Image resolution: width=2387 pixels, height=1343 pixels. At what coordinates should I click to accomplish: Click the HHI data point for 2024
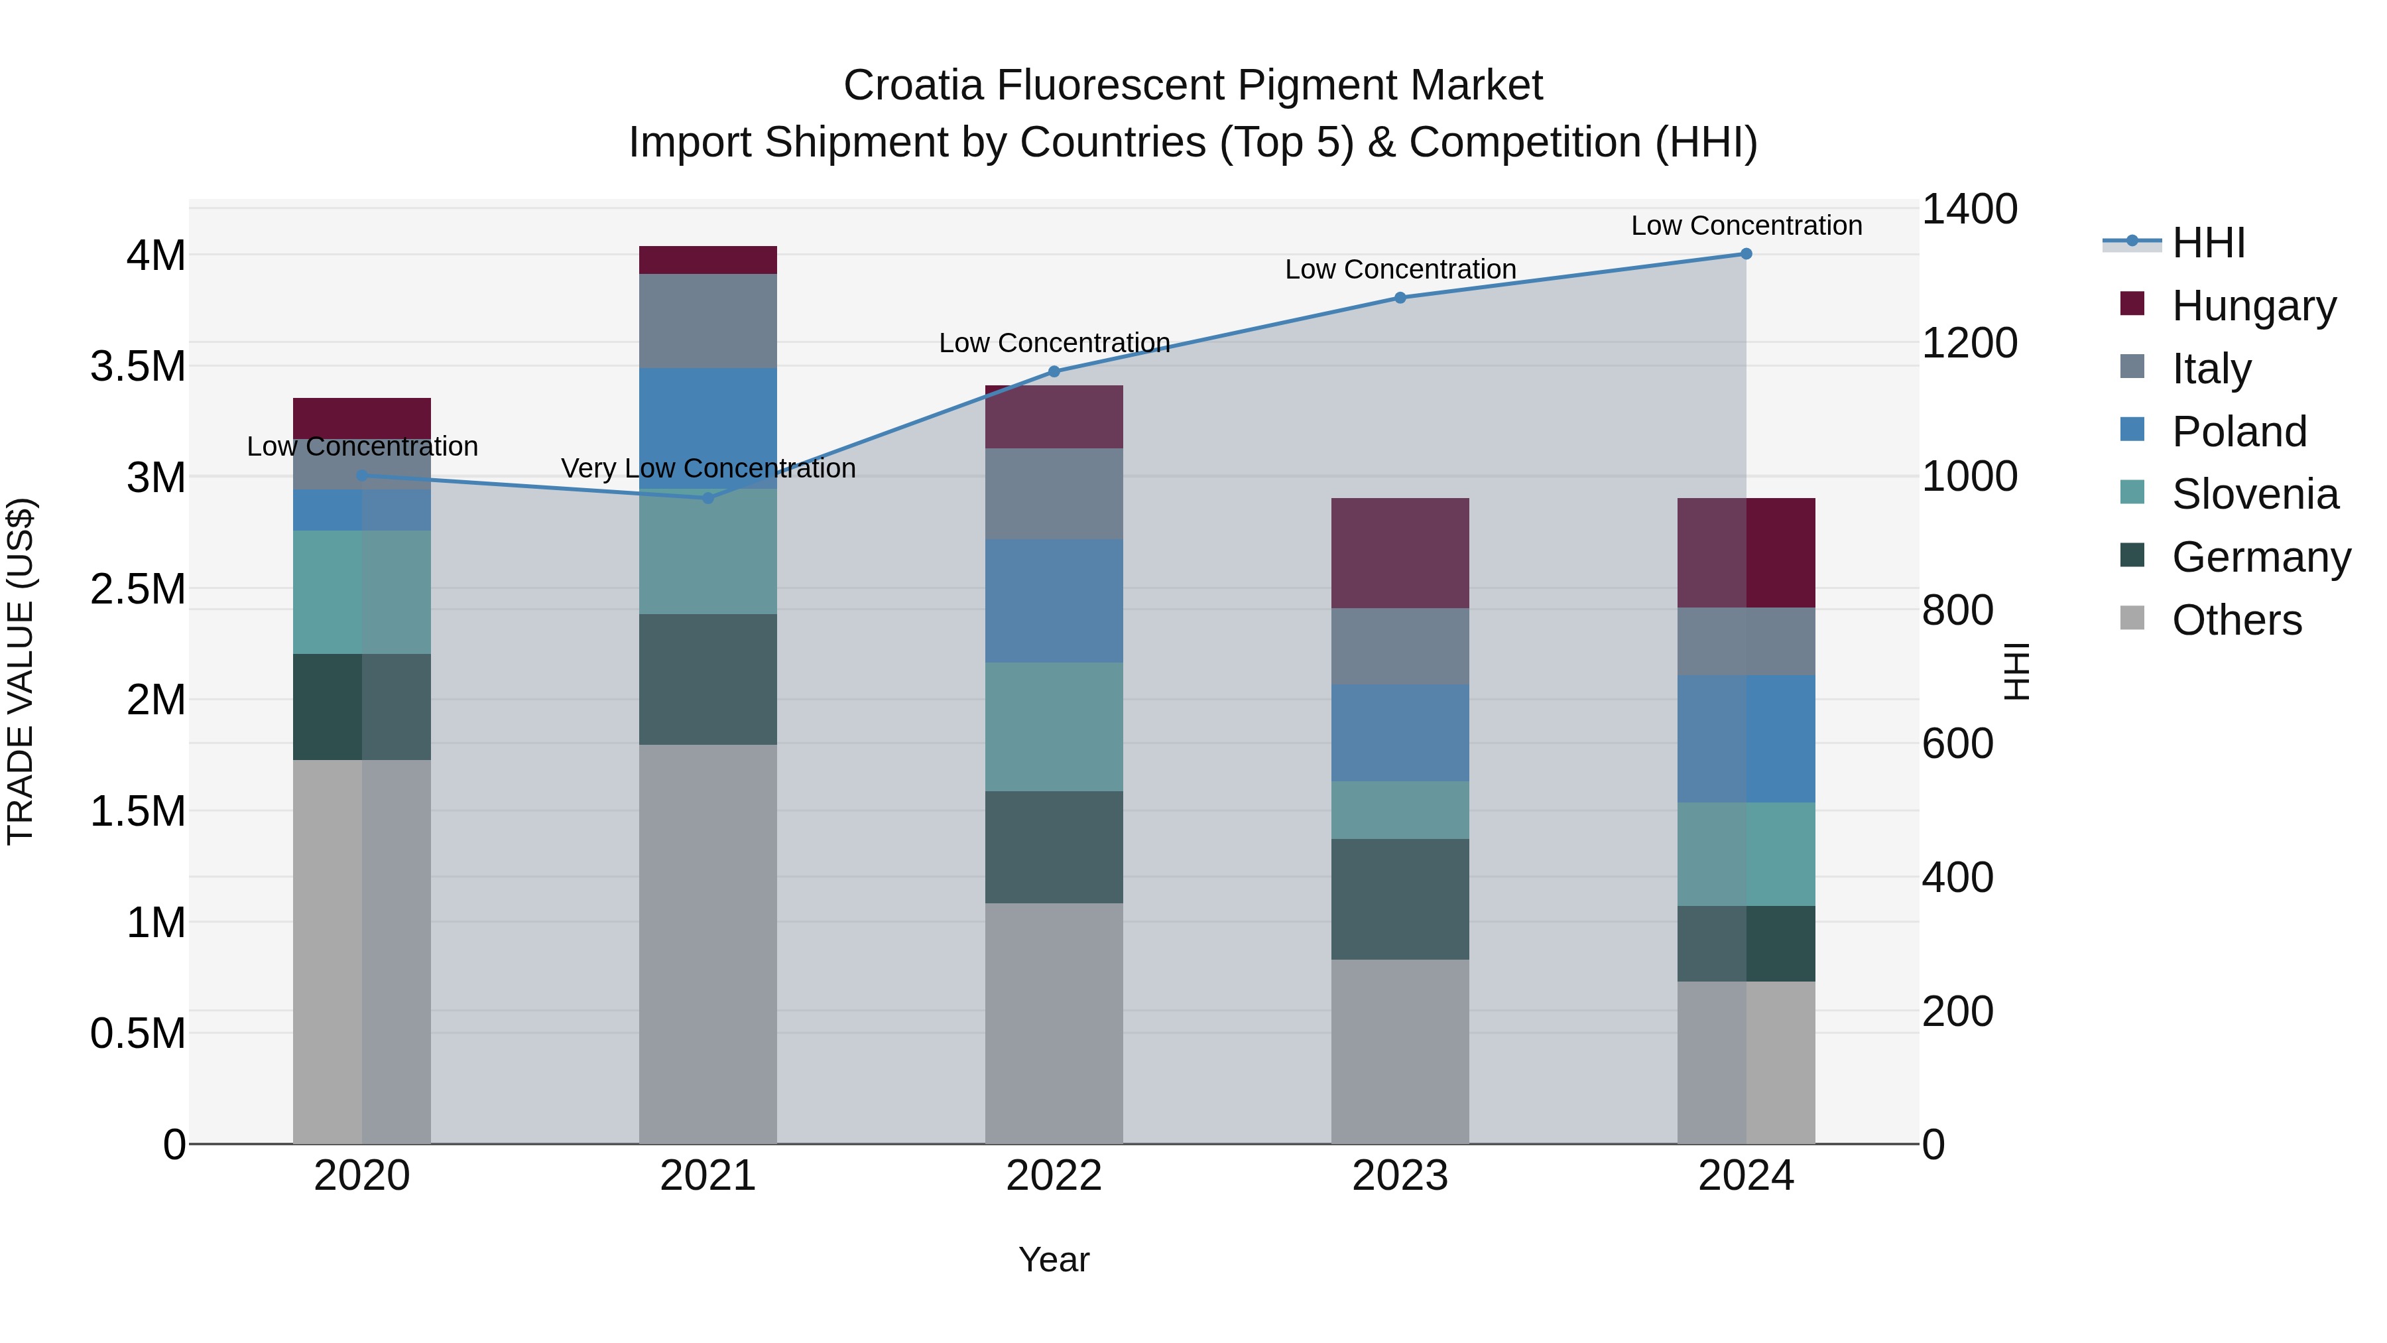click(x=1746, y=254)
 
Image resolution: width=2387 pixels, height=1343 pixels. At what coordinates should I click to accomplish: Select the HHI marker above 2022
click(x=1054, y=371)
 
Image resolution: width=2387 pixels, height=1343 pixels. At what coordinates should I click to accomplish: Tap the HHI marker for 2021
click(x=708, y=497)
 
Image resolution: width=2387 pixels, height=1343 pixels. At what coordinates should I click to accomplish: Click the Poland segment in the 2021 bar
click(x=708, y=427)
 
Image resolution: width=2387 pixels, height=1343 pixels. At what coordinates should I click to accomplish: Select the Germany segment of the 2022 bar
click(x=1054, y=847)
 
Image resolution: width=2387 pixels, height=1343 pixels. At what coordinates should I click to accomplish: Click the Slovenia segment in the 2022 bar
click(x=1054, y=727)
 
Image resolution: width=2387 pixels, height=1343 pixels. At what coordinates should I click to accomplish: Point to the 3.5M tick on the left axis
click(x=138, y=366)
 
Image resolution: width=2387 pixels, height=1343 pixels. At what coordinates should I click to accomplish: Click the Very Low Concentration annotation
click(x=708, y=468)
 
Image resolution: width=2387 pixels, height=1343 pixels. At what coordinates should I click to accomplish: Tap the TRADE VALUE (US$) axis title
click(x=21, y=671)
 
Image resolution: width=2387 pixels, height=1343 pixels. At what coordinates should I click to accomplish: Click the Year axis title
click(x=1054, y=1259)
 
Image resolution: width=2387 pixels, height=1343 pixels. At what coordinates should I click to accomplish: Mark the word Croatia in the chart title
click(x=913, y=86)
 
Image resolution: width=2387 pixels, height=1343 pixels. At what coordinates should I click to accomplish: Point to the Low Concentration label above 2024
click(x=1746, y=225)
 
